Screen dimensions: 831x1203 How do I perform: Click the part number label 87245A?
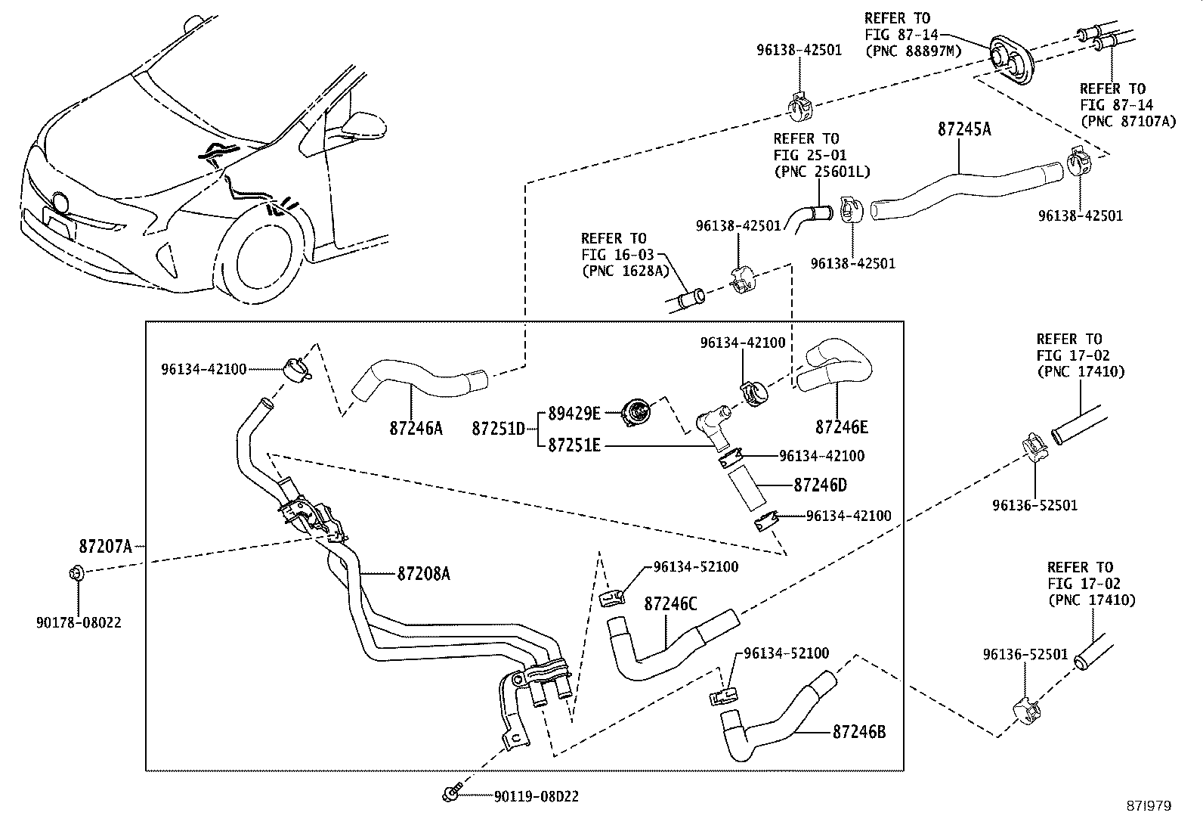click(x=963, y=129)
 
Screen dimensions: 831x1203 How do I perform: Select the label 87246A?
click(x=416, y=428)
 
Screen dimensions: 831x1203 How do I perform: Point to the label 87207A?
click(x=105, y=545)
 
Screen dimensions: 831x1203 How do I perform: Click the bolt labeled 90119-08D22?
click(x=450, y=795)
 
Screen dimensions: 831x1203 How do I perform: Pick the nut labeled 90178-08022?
click(x=76, y=573)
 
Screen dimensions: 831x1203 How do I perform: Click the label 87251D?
click(x=498, y=429)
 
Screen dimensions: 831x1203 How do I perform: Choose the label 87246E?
click(x=841, y=427)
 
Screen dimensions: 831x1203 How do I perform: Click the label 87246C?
click(x=670, y=603)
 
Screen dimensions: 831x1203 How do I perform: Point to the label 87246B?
click(x=859, y=731)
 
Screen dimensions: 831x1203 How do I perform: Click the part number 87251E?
click(x=574, y=445)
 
